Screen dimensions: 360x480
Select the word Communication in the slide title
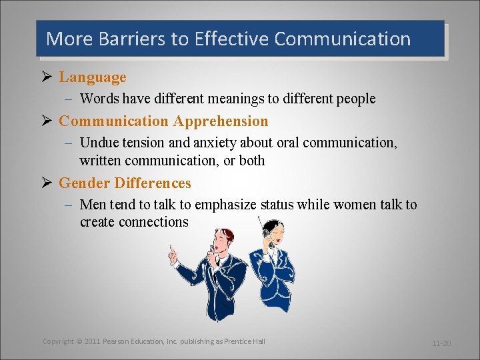tap(342, 39)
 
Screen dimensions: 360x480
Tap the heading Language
tap(92, 77)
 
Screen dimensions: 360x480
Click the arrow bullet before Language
tap(47, 77)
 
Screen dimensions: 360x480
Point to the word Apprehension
tap(221, 121)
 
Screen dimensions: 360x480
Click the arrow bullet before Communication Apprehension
tap(47, 121)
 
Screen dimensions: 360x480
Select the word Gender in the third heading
tap(84, 183)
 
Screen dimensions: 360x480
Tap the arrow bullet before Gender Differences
tap(47, 183)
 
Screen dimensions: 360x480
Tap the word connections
tap(153, 222)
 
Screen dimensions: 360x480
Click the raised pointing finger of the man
tap(171, 249)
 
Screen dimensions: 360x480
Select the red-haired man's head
tap(222, 239)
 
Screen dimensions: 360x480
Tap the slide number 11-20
tap(441, 343)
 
